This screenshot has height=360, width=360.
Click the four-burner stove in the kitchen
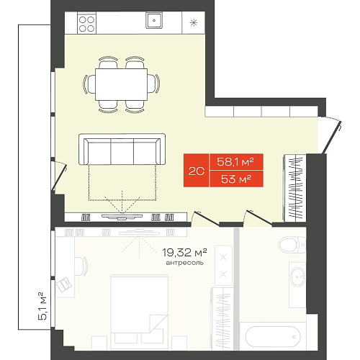[86, 22]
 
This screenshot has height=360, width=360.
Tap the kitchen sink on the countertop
[154, 20]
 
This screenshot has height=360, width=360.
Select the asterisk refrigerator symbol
[194, 23]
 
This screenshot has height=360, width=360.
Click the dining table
[121, 84]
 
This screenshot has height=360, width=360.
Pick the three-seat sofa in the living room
[122, 149]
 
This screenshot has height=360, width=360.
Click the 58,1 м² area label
[235, 162]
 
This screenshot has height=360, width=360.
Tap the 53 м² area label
[236, 179]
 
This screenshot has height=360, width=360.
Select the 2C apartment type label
[197, 171]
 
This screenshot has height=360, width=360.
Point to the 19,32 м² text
[184, 252]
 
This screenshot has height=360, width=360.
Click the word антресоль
[184, 263]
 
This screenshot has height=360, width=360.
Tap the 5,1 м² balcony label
[42, 306]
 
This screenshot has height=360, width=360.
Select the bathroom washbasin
[298, 276]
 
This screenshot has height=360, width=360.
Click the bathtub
[273, 336]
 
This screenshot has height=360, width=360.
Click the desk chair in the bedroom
[81, 266]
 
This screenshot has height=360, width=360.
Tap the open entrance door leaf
[332, 138]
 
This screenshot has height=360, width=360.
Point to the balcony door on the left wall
[58, 176]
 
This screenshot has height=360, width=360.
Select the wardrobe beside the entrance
[295, 188]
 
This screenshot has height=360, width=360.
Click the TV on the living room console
[122, 217]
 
